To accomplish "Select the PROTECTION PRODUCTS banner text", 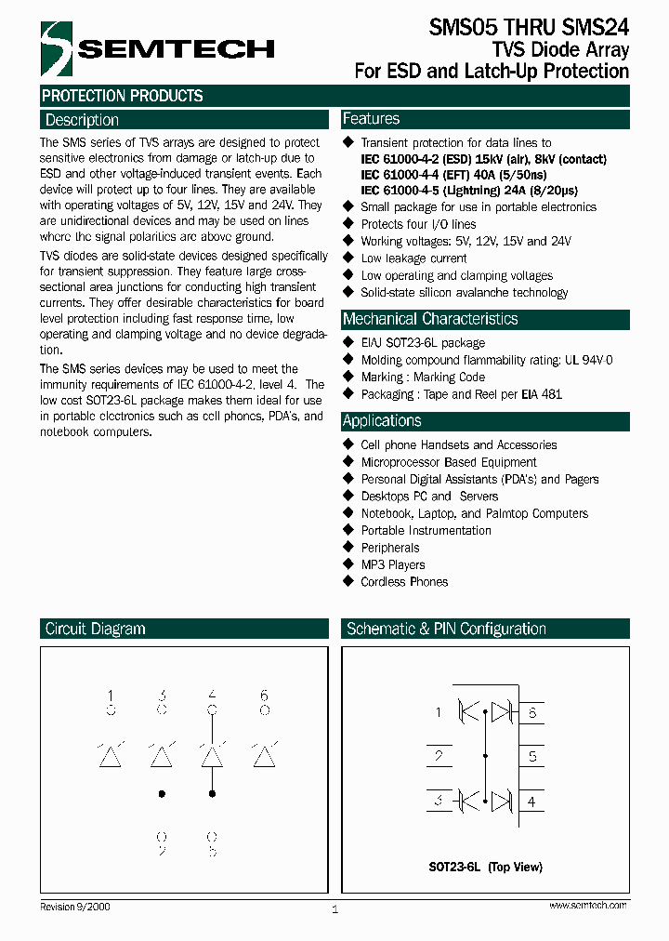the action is click(123, 96).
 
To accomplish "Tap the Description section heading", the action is click(82, 120).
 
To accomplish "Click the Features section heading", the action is click(371, 119).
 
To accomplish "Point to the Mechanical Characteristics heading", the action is click(430, 319).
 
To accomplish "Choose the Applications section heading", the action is click(382, 420).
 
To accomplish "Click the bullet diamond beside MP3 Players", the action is click(349, 564).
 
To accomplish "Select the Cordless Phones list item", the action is click(404, 582).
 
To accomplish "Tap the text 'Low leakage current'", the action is click(413, 258).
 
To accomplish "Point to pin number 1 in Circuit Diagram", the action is click(111, 696).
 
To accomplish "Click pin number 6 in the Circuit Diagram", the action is click(264, 696).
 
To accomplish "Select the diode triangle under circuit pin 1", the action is click(111, 754).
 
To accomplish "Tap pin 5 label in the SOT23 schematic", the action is click(532, 757).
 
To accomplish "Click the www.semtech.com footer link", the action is click(587, 905).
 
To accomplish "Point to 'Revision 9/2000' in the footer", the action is click(75, 906).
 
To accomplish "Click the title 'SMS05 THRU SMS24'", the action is click(529, 28).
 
